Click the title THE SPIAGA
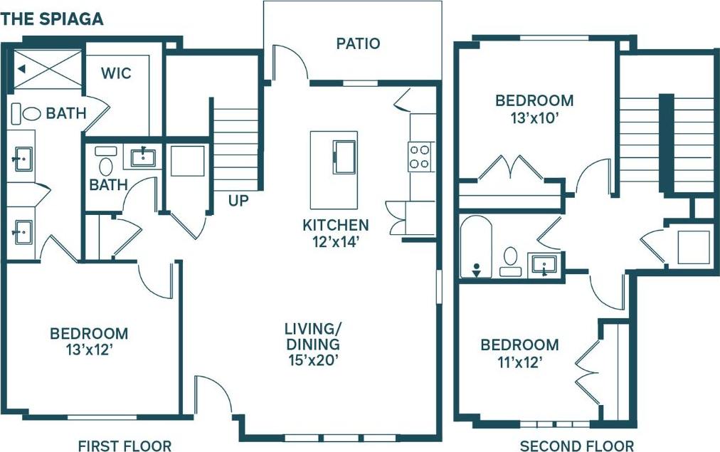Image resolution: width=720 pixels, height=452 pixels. click(53, 19)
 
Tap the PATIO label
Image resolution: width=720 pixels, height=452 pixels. click(358, 43)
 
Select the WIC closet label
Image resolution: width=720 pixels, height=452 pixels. click(116, 73)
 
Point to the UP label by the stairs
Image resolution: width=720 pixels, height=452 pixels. click(238, 201)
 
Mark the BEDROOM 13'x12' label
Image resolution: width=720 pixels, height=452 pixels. click(89, 341)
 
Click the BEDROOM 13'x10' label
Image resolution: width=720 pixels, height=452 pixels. click(534, 108)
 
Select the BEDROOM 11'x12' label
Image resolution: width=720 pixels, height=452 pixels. click(520, 353)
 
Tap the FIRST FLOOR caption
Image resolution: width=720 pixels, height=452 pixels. click(125, 446)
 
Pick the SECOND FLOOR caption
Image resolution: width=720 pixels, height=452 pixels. click(576, 446)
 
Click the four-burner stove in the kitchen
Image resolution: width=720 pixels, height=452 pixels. click(419, 157)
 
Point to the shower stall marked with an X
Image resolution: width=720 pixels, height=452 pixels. click(48, 70)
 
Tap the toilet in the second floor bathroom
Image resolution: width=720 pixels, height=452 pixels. click(510, 260)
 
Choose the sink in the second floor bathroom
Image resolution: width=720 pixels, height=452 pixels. click(544, 265)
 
